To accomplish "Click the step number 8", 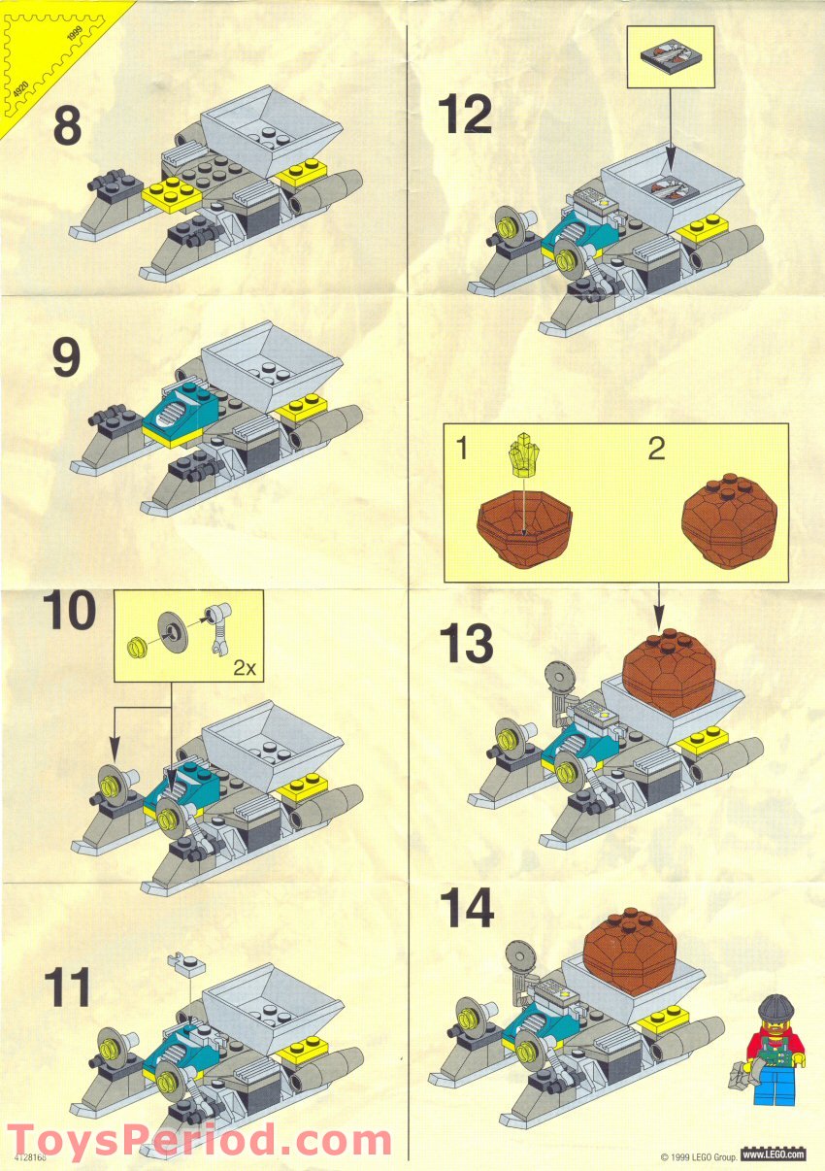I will [67, 127].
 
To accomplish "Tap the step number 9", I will [66, 358].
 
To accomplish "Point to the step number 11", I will [68, 987].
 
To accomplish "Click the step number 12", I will [465, 116].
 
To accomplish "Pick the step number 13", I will [466, 643].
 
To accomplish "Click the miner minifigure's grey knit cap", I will [775, 1009].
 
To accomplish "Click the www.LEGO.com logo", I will [774, 1154].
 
